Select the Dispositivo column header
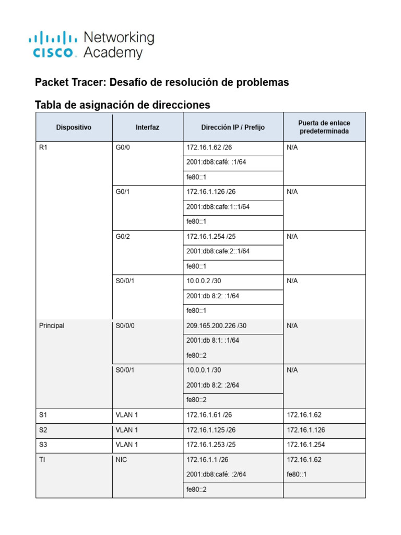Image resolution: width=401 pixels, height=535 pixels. pyautogui.click(x=74, y=127)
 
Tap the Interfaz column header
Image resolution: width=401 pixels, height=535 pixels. pyautogui.click(x=147, y=127)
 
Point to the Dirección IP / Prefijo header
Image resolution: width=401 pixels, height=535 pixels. pyautogui.click(x=233, y=127)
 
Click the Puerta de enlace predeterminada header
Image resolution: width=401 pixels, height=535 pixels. pyautogui.click(x=324, y=127)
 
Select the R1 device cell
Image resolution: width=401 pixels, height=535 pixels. pyautogui.click(x=43, y=147)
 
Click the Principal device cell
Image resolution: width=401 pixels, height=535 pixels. pyautogui.click(x=52, y=325)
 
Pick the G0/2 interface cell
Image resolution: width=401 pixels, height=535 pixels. pyautogui.click(x=123, y=236)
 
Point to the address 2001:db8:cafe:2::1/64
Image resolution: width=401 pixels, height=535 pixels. pyautogui.click(x=218, y=251)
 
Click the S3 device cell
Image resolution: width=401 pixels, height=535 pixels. pyautogui.click(x=43, y=445)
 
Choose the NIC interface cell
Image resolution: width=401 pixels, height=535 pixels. pyautogui.click(x=122, y=460)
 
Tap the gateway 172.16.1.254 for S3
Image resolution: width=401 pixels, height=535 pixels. pyautogui.click(x=304, y=445)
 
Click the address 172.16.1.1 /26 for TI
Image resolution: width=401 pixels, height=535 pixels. pyautogui.click(x=207, y=460)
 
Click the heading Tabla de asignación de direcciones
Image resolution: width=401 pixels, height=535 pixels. pyautogui.click(x=122, y=105)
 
